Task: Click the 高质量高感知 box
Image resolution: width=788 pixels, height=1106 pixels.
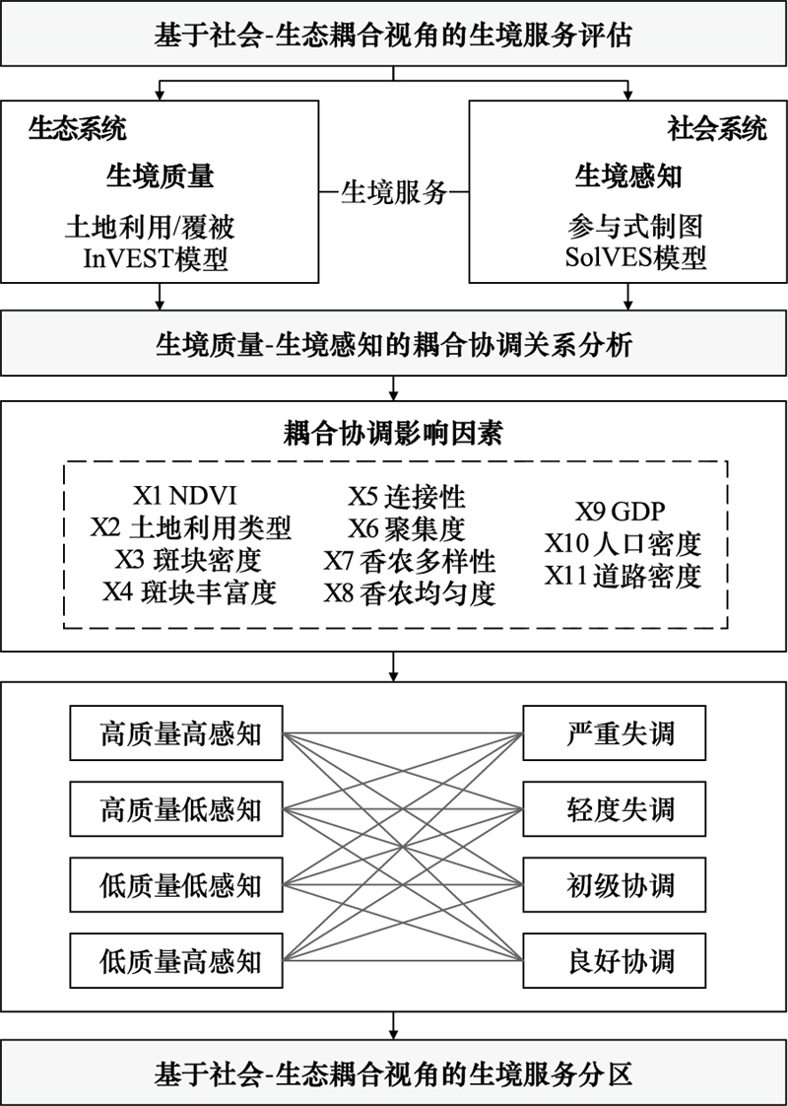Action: pyautogui.click(x=176, y=732)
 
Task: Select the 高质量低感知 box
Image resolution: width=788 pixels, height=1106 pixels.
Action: pyautogui.click(x=176, y=809)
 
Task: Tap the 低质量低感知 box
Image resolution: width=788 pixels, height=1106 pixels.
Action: pyautogui.click(x=176, y=884)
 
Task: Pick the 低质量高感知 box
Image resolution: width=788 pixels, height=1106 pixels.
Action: pyautogui.click(x=176, y=961)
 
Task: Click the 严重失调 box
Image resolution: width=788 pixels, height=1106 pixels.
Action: pyautogui.click(x=615, y=732)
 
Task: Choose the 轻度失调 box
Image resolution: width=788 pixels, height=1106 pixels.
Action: pyautogui.click(x=615, y=809)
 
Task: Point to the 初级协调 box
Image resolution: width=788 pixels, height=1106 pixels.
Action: pyautogui.click(x=615, y=884)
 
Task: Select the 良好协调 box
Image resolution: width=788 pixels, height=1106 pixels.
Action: pyautogui.click(x=615, y=961)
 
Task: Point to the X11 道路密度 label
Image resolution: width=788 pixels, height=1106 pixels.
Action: pyautogui.click(x=624, y=577)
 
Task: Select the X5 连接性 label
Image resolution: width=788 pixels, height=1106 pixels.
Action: pyautogui.click(x=408, y=496)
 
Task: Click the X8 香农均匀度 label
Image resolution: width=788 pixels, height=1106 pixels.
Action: pyautogui.click(x=410, y=593)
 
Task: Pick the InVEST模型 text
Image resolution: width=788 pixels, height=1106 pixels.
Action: pyautogui.click(x=157, y=260)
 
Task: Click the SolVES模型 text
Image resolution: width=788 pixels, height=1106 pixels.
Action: pyautogui.click(x=635, y=260)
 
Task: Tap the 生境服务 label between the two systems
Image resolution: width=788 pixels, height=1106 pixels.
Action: pyautogui.click(x=394, y=191)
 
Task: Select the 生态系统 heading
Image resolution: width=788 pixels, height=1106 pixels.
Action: pyautogui.click(x=78, y=129)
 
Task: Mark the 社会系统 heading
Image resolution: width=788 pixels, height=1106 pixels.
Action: pyautogui.click(x=717, y=129)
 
